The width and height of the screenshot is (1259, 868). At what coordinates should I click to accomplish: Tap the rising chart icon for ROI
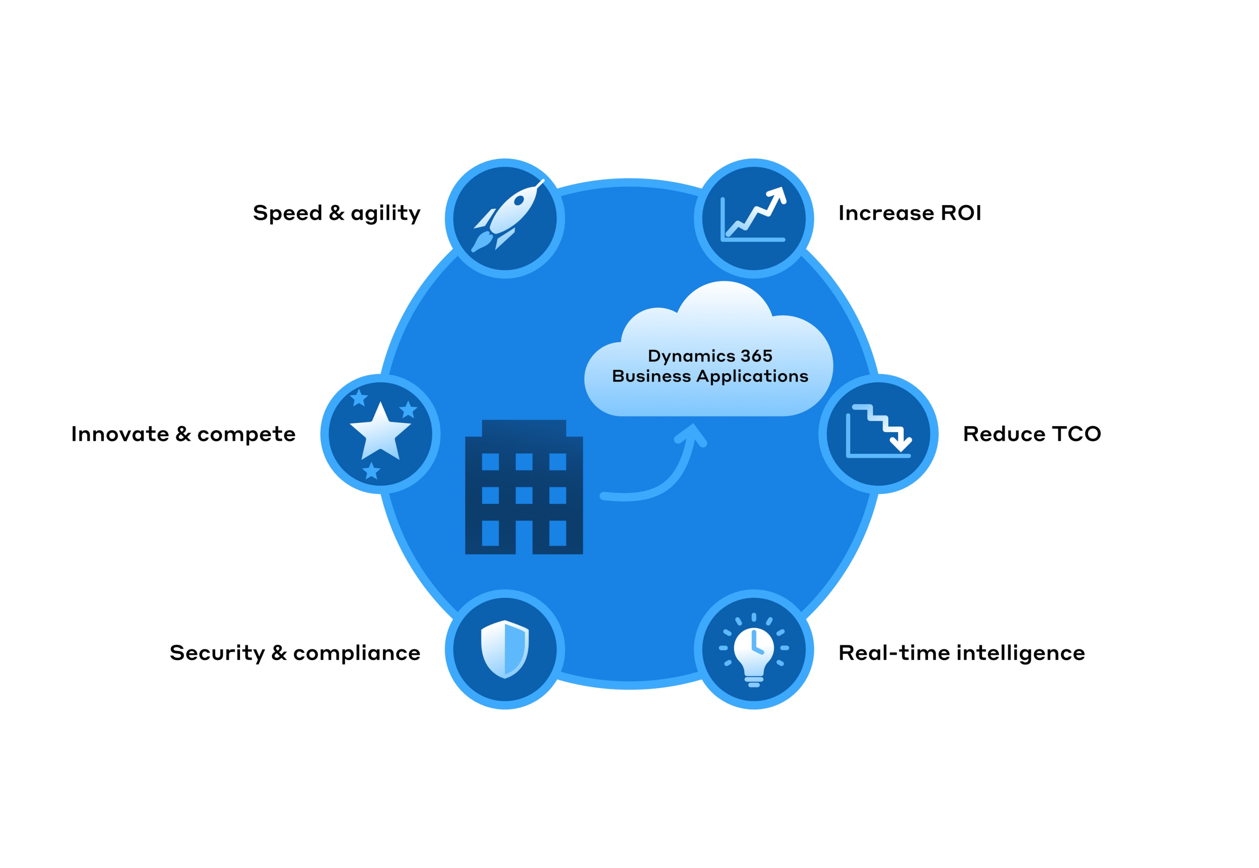tap(753, 214)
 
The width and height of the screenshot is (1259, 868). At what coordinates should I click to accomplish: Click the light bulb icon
tap(754, 651)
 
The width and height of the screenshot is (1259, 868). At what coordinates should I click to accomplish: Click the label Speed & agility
tap(336, 213)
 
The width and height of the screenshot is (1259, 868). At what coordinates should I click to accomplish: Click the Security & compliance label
tap(295, 653)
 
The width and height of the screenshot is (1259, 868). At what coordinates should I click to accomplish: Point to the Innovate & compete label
tap(184, 434)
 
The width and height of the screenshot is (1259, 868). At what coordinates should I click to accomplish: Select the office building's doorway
tap(524, 537)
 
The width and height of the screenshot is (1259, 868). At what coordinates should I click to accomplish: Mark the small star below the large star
tap(371, 471)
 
